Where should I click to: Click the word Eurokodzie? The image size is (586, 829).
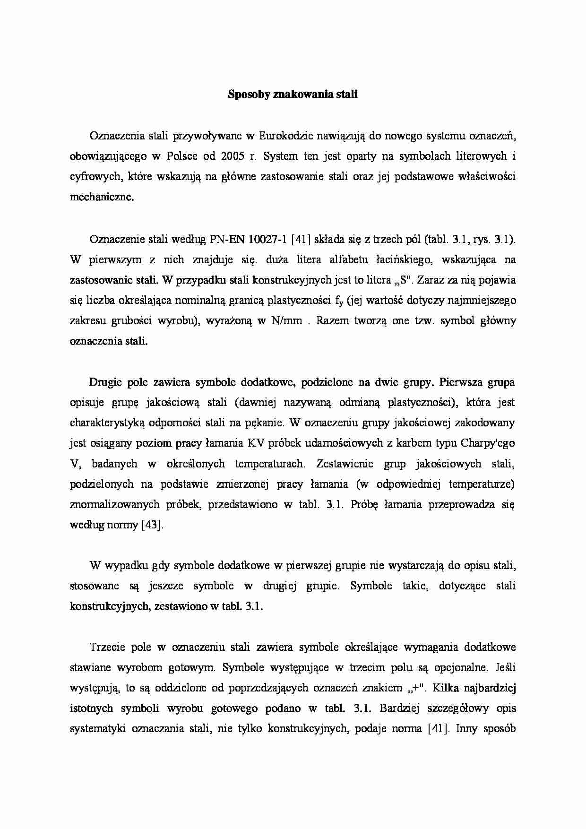pos(287,136)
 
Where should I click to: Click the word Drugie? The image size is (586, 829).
pos(105,382)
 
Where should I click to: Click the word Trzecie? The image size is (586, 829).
pos(106,647)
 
